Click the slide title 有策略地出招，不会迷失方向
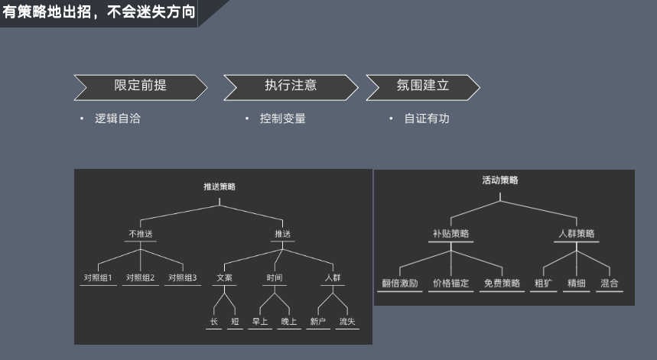pos(99,11)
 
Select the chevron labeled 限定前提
pos(141,87)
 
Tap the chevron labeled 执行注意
pos(291,87)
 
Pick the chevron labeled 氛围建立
pos(423,87)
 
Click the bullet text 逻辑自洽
pos(118,118)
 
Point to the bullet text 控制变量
pos(283,118)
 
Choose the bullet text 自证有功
pos(427,118)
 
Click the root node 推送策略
pos(220,186)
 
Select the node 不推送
pos(141,234)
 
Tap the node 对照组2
pos(141,277)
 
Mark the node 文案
pos(225,277)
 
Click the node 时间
pos(275,277)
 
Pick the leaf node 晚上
pos(289,322)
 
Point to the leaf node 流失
pos(347,322)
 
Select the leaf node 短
pos(235,322)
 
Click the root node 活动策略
pos(500,180)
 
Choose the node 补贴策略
pos(450,234)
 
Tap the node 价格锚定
pos(450,284)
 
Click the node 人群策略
pos(577,234)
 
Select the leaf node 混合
pos(610,284)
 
